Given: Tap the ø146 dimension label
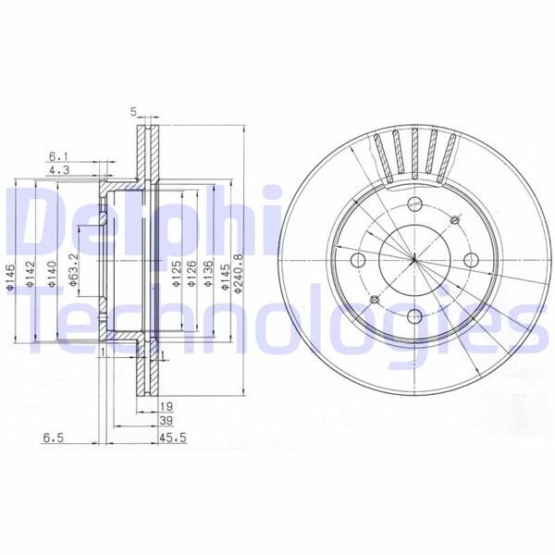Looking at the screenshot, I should [x=9, y=275].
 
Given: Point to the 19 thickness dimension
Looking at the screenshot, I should [x=167, y=406].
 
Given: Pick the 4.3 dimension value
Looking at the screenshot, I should [x=56, y=170].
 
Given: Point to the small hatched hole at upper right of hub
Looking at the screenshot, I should [x=453, y=218].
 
